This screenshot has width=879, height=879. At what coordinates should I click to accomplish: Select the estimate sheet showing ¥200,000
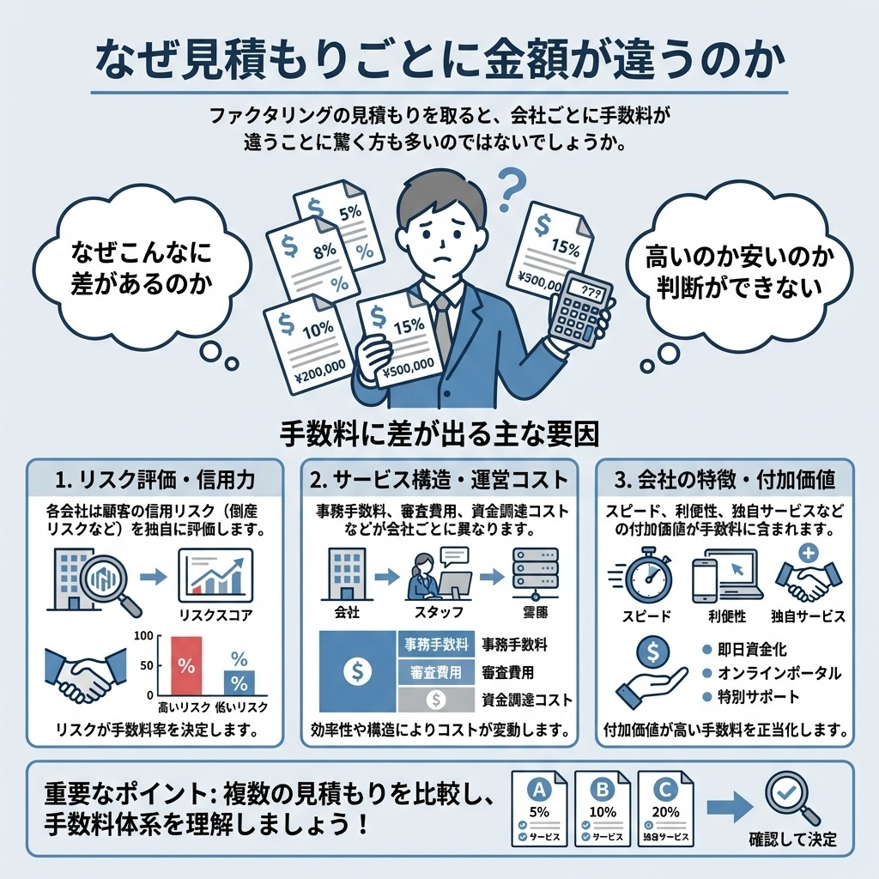(x=308, y=343)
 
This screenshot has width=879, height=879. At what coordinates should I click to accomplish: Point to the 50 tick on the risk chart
(x=147, y=665)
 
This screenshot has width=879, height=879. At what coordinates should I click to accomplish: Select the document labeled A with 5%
(x=540, y=807)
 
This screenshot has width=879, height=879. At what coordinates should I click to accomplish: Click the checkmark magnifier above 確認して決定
(x=791, y=797)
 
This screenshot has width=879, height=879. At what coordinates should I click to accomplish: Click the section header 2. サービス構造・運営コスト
(x=440, y=477)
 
